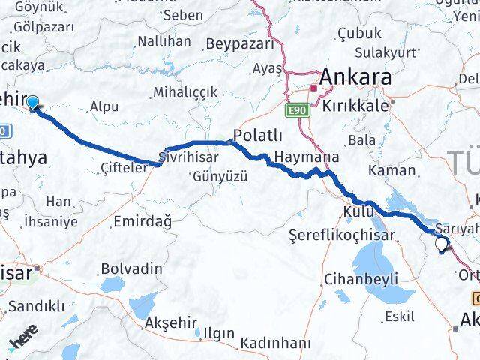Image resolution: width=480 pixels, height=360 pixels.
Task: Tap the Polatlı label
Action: point(258,135)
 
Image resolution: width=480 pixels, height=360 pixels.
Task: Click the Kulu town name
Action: point(358,211)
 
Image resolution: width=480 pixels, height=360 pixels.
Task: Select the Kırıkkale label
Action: point(356,106)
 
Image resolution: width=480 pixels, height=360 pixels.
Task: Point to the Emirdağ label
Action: point(142,221)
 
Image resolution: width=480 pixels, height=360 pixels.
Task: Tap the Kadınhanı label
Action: point(275,343)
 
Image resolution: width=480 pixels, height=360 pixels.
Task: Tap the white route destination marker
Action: point(442,242)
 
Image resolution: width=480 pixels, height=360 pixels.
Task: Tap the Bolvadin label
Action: point(131,268)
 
